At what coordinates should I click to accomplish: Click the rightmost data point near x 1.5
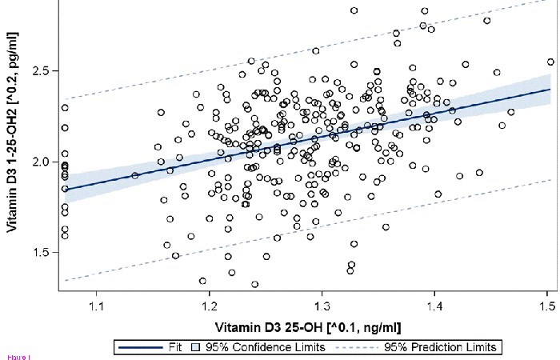(x=550, y=62)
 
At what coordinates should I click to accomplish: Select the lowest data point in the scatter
(x=254, y=284)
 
